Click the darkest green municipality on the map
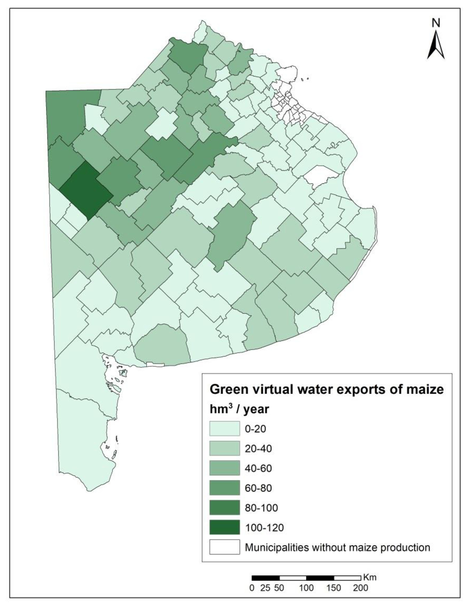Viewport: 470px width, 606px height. click(85, 191)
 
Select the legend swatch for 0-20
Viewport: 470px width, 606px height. click(224, 429)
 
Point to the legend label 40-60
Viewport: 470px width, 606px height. click(258, 468)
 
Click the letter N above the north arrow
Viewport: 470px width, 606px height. click(436, 23)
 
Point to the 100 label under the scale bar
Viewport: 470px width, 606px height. click(307, 588)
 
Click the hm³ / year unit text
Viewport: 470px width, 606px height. click(239, 409)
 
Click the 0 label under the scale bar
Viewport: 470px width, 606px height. click(252, 588)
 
